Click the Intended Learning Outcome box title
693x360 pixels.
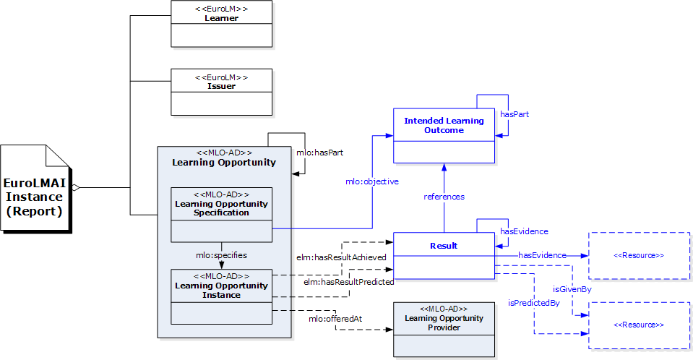444,125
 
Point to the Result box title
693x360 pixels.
444,246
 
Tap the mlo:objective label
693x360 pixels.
371,182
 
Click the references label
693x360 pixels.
444,197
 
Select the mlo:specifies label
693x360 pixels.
221,255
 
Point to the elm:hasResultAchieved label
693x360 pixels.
341,257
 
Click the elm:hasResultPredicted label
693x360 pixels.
348,281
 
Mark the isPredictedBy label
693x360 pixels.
534,302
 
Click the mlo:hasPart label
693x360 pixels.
319,153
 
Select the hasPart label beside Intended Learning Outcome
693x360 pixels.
515,114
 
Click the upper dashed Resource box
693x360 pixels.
639,256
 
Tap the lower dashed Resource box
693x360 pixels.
639,325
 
